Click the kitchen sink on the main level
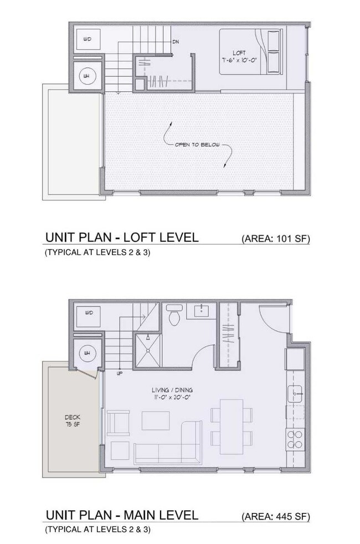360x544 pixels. pyautogui.click(x=294, y=393)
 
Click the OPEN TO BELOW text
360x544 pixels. pyautogui.click(x=197, y=146)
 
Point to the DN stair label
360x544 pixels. pyautogui.click(x=175, y=42)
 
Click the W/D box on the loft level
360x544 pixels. pyautogui.click(x=88, y=39)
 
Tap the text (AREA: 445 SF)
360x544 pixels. pyautogui.click(x=275, y=517)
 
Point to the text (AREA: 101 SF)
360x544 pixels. pyautogui.click(x=275, y=239)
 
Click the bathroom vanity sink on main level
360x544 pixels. pyautogui.click(x=200, y=312)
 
